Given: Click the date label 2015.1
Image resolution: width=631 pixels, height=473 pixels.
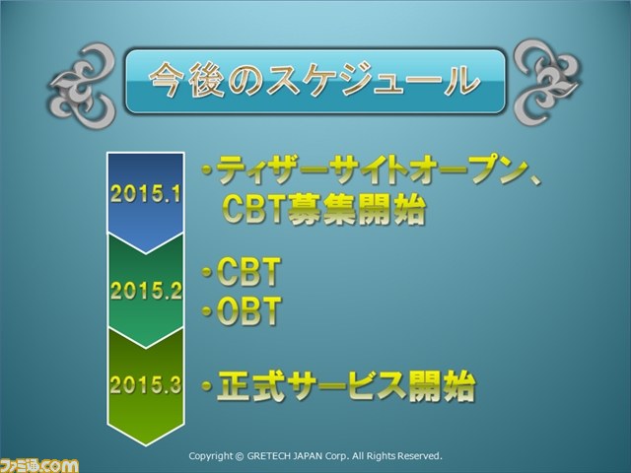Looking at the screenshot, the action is coord(146,194).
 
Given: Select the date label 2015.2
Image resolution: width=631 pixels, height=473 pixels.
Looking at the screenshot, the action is coord(146,290).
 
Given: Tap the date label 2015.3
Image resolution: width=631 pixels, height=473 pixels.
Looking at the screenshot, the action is coord(146,384).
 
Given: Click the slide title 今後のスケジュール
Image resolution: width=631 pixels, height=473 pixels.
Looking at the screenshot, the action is coord(315,80).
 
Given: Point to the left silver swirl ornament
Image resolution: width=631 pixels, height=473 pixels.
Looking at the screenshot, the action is coord(83,86).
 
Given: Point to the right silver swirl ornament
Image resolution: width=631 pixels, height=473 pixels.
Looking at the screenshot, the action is coord(547,82).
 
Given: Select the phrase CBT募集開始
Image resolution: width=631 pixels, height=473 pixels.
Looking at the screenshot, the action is coord(323,209).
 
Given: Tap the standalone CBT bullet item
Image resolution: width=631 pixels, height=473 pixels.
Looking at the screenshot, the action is coord(248,272).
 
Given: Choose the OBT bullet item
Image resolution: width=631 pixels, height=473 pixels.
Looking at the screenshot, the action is coord(248,311).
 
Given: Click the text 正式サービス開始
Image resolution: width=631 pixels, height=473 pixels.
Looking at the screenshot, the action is coord(346,386).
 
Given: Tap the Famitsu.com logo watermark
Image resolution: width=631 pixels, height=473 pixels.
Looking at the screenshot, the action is coord(39,466).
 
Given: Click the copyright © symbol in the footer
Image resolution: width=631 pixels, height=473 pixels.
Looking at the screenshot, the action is coord(240,456).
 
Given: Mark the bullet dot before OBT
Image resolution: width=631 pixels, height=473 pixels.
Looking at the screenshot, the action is coord(207,310).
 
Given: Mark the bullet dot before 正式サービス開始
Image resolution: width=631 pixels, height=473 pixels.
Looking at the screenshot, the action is coord(207,386).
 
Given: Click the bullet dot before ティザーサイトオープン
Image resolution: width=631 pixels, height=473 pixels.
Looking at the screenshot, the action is coord(207,170).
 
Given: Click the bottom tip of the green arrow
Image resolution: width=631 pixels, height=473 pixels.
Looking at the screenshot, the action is coord(146,445).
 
